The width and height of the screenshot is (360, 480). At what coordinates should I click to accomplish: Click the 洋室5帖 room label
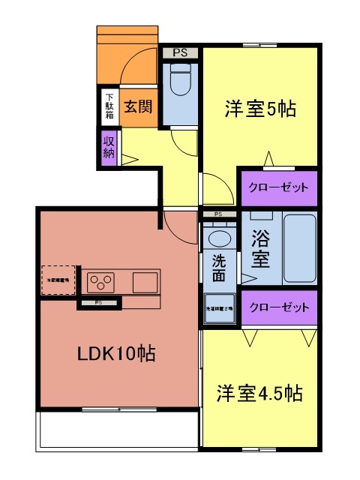click(259, 109)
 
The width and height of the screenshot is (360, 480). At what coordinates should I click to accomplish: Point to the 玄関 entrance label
click(138, 106)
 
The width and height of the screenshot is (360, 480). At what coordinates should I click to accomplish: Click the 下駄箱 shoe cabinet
click(109, 106)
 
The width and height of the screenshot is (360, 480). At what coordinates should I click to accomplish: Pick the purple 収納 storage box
click(109, 148)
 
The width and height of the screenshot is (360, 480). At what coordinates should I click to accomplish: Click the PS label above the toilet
click(180, 52)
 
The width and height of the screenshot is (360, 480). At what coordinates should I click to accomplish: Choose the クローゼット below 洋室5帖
click(277, 187)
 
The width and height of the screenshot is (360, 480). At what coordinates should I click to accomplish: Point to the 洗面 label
click(218, 269)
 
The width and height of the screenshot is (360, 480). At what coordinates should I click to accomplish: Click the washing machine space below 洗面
click(219, 307)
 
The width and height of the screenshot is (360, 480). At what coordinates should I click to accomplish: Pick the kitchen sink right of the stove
click(145, 283)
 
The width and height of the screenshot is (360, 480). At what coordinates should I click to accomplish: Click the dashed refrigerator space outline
click(58, 280)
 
